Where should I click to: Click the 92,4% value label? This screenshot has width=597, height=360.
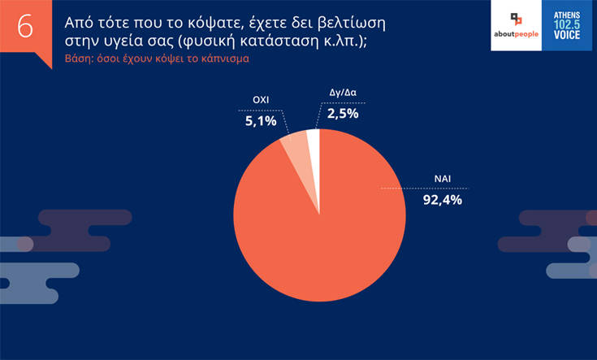point(443,198)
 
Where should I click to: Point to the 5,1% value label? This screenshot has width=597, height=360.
point(261,121)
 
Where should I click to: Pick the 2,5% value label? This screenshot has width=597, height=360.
point(343,114)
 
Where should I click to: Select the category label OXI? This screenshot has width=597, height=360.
point(257,102)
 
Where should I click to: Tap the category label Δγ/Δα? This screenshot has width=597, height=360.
point(343,96)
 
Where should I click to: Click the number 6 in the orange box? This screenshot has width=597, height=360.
point(25,26)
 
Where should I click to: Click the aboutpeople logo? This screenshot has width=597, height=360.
point(517,26)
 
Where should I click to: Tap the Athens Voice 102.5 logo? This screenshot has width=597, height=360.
point(566,26)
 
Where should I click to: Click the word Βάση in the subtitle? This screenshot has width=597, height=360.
point(80,59)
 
